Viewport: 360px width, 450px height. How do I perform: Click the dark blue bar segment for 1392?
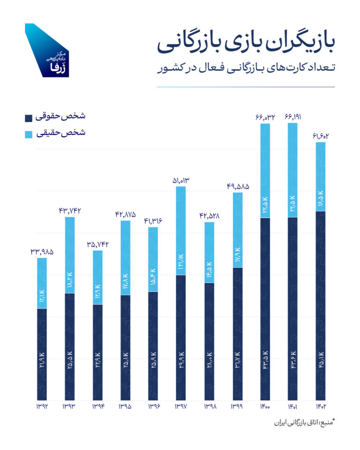point(42,354)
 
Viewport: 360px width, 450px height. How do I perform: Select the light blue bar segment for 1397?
point(181,231)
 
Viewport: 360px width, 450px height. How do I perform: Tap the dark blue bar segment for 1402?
point(320,306)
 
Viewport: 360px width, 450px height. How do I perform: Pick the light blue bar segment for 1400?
point(265,171)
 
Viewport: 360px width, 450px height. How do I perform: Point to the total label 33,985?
point(42,251)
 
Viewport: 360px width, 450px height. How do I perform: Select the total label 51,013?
point(181,180)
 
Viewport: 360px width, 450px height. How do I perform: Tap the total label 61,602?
point(320,136)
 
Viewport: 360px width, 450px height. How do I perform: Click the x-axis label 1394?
point(97,406)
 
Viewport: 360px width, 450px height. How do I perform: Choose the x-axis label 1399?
point(237,406)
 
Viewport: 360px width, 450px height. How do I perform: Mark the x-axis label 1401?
point(292,406)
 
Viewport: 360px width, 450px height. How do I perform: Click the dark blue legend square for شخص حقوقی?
point(29,117)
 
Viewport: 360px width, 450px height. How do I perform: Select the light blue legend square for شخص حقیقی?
point(29,134)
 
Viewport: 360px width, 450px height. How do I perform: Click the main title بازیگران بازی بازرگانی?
point(246,45)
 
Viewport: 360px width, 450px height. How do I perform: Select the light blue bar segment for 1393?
point(69,255)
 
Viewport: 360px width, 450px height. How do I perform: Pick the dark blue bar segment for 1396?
point(153,345)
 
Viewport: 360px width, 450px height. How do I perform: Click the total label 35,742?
point(97,244)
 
